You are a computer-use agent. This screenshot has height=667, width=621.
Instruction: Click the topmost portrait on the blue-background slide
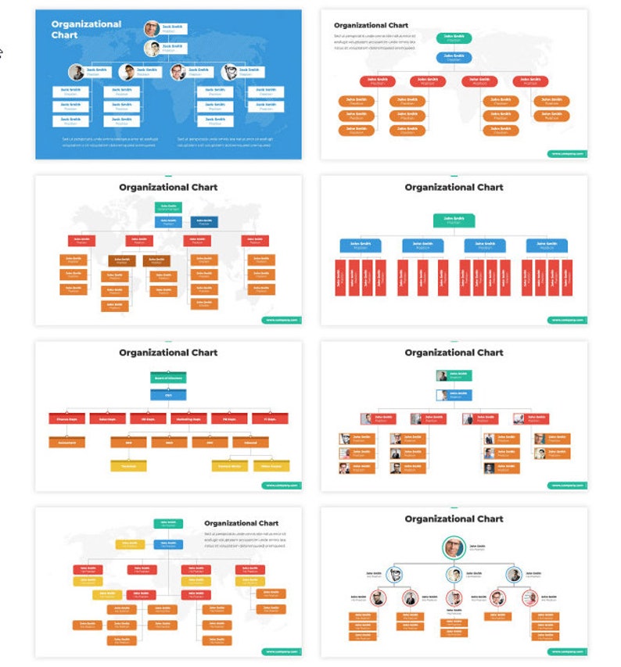(151, 29)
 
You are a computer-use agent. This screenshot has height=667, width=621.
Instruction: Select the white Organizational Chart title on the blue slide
(86, 29)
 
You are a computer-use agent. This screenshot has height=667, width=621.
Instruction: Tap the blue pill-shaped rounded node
(454, 57)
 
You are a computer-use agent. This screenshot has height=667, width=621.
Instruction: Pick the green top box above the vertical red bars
(454, 221)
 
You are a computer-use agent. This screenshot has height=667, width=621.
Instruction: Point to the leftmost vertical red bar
(339, 278)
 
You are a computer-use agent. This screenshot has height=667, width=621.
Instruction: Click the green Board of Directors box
(168, 378)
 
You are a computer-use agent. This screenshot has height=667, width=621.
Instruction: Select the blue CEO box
(168, 396)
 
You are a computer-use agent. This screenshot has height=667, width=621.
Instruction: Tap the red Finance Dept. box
(66, 419)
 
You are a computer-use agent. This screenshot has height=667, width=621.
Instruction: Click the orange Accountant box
(66, 443)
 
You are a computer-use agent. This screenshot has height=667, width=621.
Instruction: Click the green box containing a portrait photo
(454, 376)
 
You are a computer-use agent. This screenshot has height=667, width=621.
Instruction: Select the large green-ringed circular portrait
(454, 547)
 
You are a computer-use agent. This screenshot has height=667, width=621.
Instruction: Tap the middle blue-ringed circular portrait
(454, 576)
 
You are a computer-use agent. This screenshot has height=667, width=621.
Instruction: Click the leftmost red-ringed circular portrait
(379, 599)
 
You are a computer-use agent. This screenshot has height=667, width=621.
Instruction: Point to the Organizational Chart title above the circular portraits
(454, 519)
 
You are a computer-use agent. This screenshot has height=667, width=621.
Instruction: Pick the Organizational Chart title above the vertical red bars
(454, 188)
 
